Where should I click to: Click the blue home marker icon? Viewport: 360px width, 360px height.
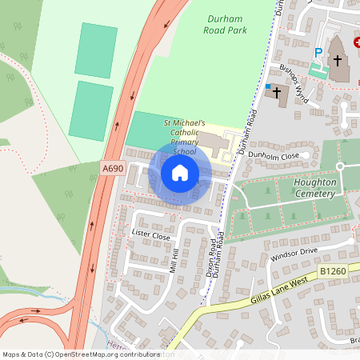(x=180, y=172)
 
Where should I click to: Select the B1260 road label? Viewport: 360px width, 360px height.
(x=333, y=273)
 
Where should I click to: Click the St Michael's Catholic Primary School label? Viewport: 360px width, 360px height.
(x=185, y=137)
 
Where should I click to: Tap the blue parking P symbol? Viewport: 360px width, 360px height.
(x=318, y=54)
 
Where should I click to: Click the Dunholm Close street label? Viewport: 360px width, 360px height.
(x=274, y=155)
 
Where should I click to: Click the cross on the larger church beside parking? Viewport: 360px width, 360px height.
(x=338, y=61)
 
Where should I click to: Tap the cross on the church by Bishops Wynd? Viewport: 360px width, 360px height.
(x=278, y=92)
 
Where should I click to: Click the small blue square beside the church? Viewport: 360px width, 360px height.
(x=268, y=85)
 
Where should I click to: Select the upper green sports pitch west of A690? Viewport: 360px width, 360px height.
(x=96, y=50)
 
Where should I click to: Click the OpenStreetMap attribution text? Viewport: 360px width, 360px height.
(x=80, y=354)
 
